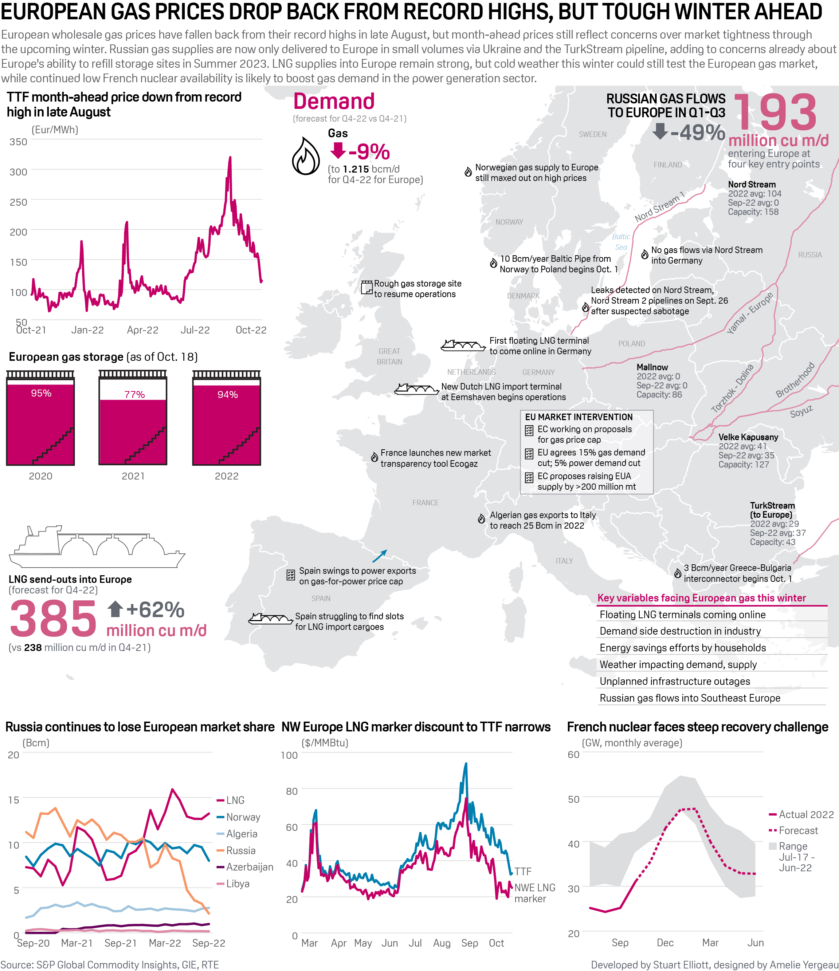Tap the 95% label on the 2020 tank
click(x=41, y=393)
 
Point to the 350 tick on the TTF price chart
click(x=18, y=142)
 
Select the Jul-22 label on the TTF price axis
click(x=195, y=330)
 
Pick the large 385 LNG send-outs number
click(x=53, y=619)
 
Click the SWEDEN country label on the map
click(x=592, y=134)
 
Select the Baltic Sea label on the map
click(x=621, y=242)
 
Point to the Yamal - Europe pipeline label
click(x=749, y=313)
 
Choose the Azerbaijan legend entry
click(x=250, y=867)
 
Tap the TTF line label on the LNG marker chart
click(x=523, y=872)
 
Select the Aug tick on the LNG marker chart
click(x=442, y=943)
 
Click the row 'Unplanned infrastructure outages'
click(x=674, y=681)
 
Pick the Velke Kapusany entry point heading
click(x=748, y=437)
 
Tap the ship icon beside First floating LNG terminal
click(x=462, y=346)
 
